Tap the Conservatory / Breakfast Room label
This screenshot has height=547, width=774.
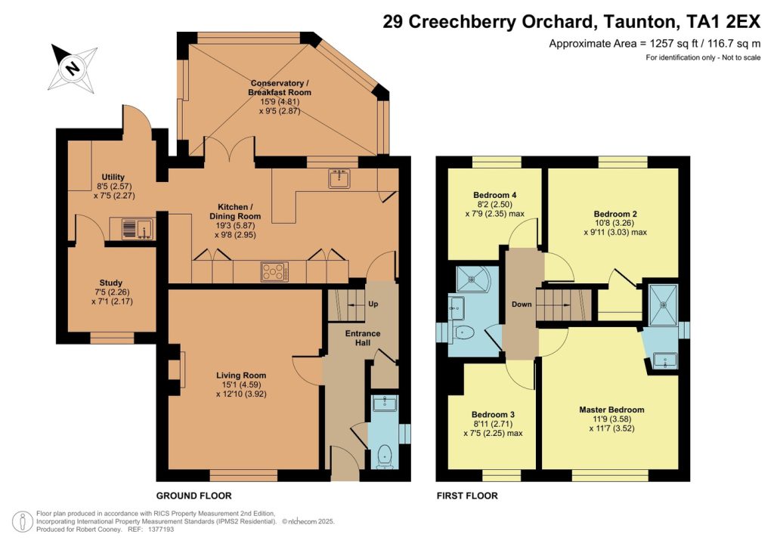coord(279,87)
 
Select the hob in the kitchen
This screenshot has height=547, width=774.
coord(273,270)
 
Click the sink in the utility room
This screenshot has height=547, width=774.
coord(132,227)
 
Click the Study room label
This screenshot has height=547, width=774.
coord(111,283)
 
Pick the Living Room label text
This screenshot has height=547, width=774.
coord(241,375)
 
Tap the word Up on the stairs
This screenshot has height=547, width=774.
coord(372,304)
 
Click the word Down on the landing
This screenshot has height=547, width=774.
coord(522,304)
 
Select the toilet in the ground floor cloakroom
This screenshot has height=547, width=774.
coord(385,454)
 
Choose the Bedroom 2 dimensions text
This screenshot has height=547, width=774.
coord(615,227)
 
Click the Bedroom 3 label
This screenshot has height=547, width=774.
coord(493,415)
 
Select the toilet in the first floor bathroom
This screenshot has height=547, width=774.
coord(465,332)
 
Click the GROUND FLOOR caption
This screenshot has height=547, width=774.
coord(193,496)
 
